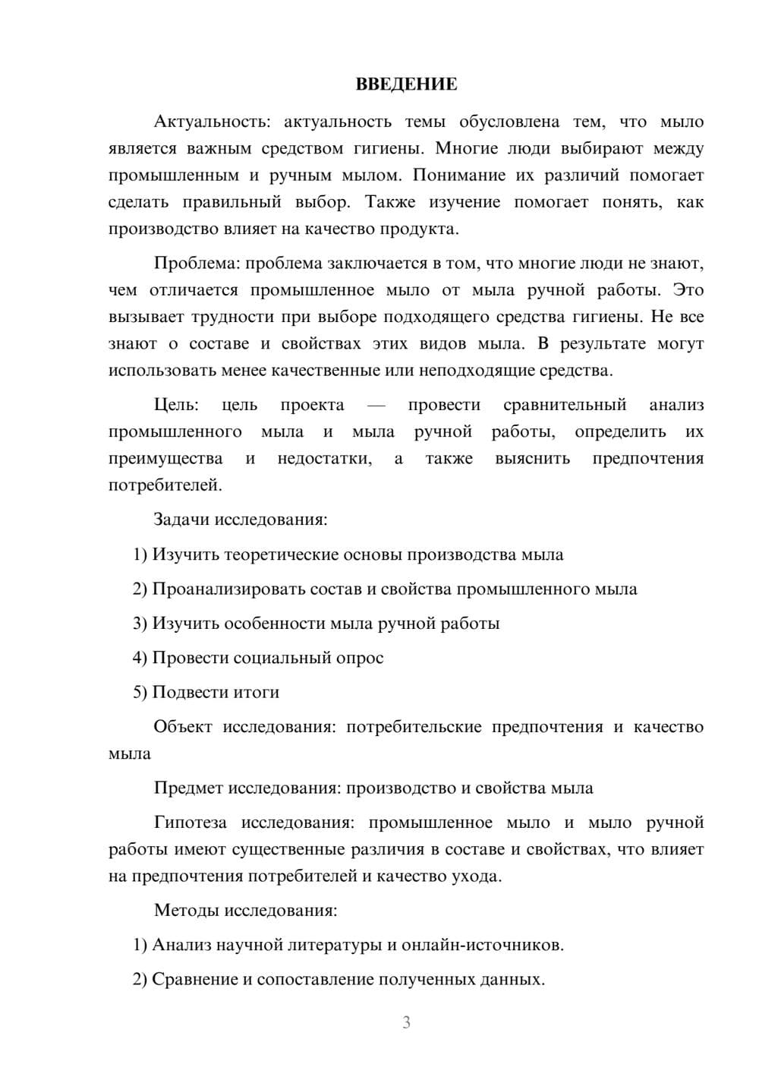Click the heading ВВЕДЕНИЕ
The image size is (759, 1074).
coord(406,84)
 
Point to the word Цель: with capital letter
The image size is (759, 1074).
coord(176,405)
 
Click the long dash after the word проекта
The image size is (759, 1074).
coord(376,406)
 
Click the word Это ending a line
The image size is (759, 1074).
coord(689,290)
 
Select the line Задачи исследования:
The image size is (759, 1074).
coord(241,520)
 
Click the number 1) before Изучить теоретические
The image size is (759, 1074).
coord(140,554)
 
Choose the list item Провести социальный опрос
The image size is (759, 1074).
coord(268,658)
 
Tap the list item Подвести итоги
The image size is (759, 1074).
coord(216,692)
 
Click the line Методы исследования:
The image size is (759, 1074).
coord(245,910)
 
